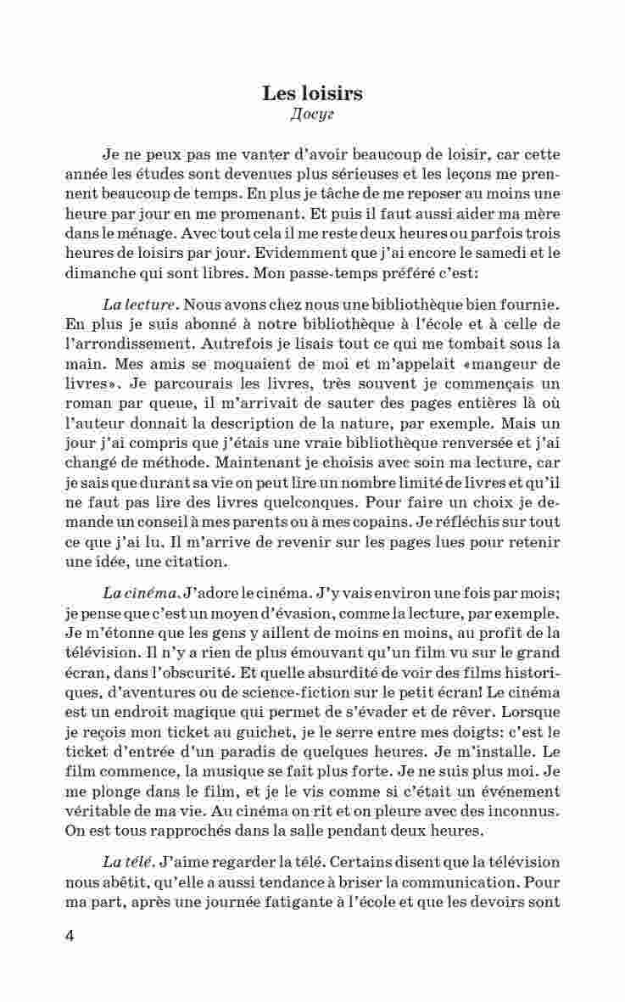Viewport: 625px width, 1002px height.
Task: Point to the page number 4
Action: (70, 937)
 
